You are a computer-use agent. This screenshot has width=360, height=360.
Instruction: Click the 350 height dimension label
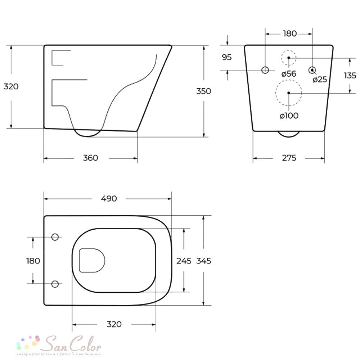click(x=203, y=91)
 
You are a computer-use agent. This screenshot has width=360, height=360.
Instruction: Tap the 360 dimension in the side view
click(x=90, y=158)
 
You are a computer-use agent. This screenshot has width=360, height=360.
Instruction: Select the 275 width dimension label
click(x=289, y=158)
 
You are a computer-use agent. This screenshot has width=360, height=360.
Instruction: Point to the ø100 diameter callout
click(x=289, y=116)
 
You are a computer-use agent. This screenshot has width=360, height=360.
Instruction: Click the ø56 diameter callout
click(x=289, y=74)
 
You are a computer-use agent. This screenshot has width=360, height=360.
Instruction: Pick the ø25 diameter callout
click(x=320, y=80)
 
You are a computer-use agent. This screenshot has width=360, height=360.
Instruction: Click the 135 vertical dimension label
click(x=350, y=75)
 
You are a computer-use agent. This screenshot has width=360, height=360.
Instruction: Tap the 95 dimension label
click(x=227, y=57)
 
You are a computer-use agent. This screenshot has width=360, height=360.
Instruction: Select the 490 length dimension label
click(x=109, y=198)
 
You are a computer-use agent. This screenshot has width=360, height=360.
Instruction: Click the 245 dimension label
click(x=184, y=261)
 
